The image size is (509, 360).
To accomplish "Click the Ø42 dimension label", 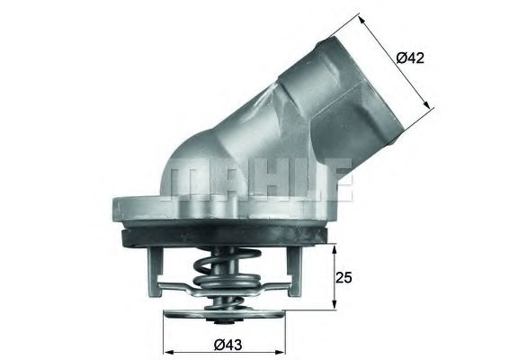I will click(x=410, y=58).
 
